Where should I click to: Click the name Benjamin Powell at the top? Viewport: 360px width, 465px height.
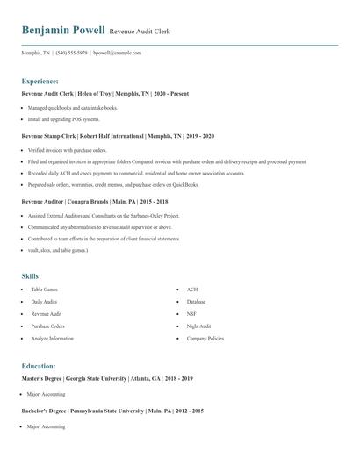coord(63,31)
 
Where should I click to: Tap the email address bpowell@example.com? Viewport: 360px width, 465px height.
coord(118,53)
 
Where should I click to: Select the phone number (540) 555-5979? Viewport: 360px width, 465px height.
coord(71,53)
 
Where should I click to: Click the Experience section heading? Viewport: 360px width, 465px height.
coord(40,80)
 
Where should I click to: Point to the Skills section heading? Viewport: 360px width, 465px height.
coord(31,275)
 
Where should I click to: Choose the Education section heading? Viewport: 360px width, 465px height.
coord(39,365)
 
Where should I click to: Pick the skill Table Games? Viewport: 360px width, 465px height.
coord(44,289)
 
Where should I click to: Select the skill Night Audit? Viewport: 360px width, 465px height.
coord(198,325)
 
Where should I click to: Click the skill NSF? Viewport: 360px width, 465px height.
coord(191,313)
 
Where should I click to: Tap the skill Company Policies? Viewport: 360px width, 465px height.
coord(205,338)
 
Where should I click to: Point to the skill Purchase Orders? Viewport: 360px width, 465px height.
coord(47,325)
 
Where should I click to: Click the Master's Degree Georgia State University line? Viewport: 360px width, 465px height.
coord(107,378)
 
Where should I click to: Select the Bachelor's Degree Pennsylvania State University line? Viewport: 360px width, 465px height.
coord(112,411)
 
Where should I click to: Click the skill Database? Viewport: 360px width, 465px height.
coord(196,301)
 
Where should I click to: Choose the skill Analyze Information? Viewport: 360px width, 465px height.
coord(53,338)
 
